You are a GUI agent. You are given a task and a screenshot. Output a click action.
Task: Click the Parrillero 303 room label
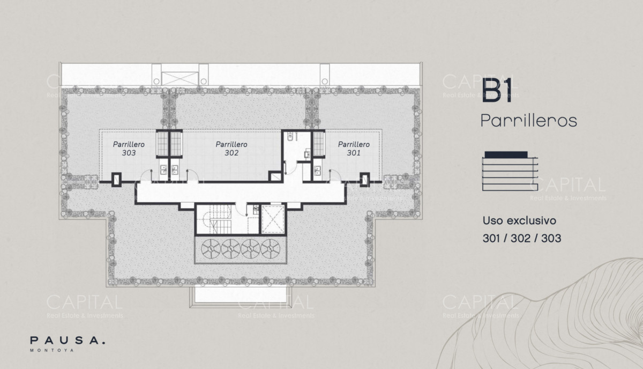pos(129,149)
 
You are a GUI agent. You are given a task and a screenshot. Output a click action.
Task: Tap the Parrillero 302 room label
pos(231,149)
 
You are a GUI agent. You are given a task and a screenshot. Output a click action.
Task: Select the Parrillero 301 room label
pos(354,149)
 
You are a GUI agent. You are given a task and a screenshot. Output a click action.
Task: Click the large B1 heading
pos(497,92)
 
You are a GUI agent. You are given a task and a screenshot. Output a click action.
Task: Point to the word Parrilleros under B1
pos(528,121)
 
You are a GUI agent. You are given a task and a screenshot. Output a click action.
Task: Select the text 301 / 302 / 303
pos(522,239)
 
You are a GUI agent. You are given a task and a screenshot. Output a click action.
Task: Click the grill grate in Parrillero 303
pos(162,144)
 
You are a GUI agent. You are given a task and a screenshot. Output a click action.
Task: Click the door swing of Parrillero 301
pos(335,175)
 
